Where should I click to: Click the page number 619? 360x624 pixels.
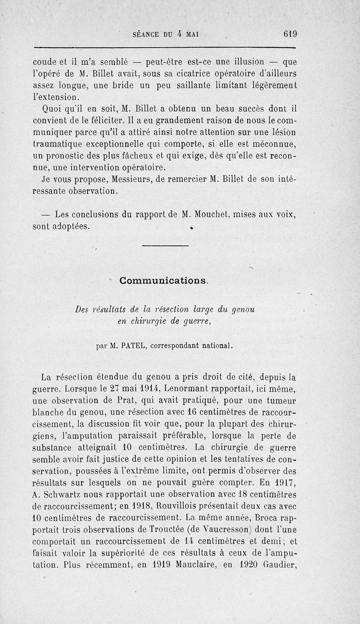[290, 34]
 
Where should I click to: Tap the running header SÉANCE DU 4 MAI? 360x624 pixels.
[166, 34]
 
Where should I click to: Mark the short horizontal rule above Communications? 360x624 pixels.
[165, 246]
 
